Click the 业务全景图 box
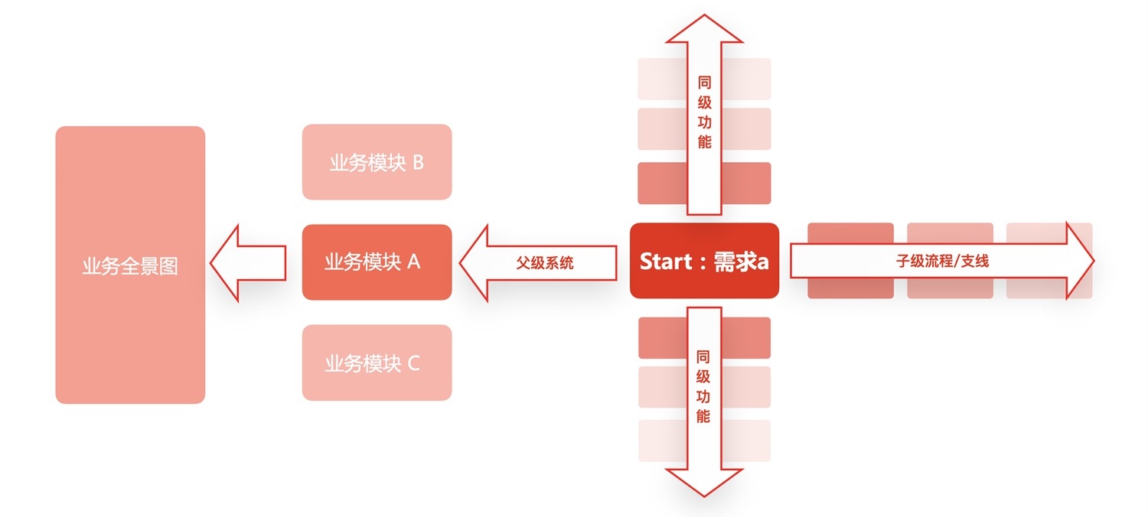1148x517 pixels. pos(130,265)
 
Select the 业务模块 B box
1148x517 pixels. pos(377,162)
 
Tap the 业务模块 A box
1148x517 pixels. pos(377,262)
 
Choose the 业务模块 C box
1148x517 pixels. pos(377,363)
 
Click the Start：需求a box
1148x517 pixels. pos(704,261)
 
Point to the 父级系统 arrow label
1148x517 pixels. pos(545,262)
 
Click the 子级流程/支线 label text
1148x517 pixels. pos(942,261)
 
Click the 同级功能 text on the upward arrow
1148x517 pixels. pos(704,112)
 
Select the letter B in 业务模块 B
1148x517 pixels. pos(418,162)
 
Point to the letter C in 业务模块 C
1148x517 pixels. pos(414,363)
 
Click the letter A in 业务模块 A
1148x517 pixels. pos(414,262)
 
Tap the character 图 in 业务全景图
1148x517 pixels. pos(168,266)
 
